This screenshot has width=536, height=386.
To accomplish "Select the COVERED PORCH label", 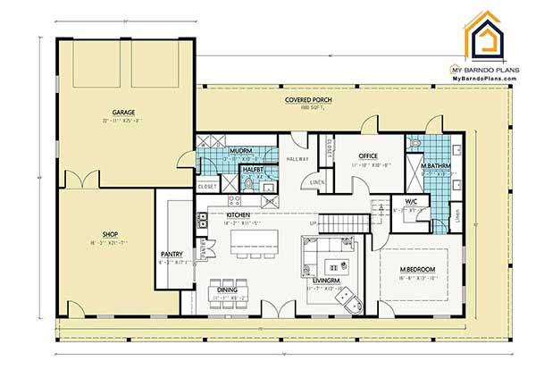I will click(309, 100).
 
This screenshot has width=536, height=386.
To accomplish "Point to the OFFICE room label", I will click(368, 155).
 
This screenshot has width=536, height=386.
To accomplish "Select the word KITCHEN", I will click(238, 215).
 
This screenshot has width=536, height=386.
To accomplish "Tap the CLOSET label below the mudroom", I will click(206, 187).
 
